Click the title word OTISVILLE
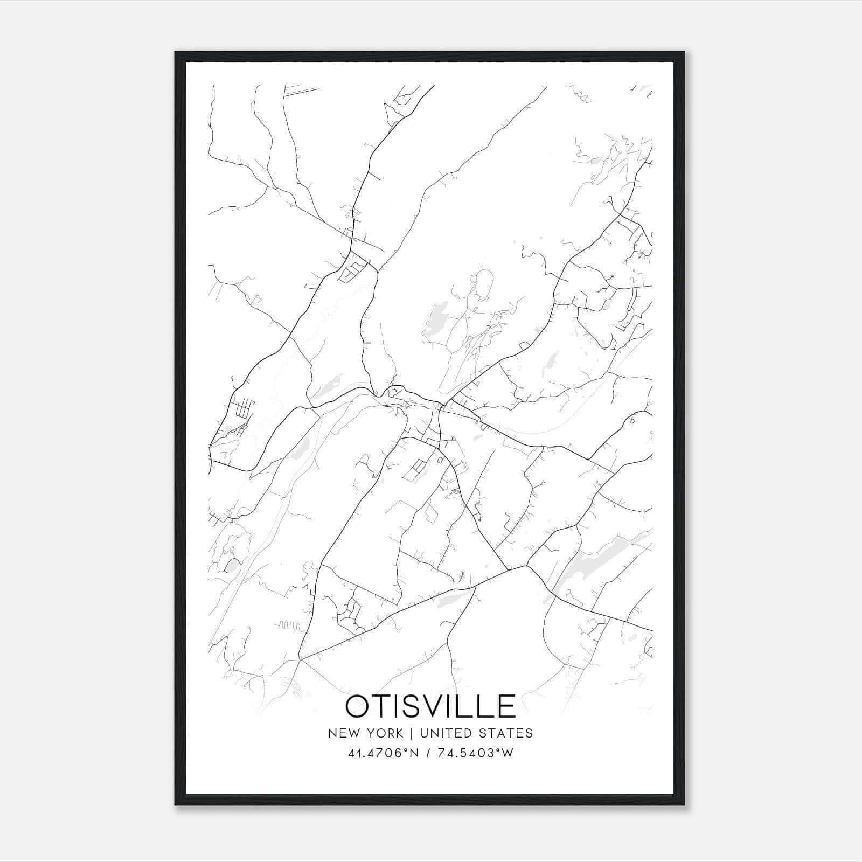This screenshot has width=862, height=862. (x=430, y=706)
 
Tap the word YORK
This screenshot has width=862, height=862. (x=382, y=733)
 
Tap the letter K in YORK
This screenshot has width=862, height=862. (x=398, y=733)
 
